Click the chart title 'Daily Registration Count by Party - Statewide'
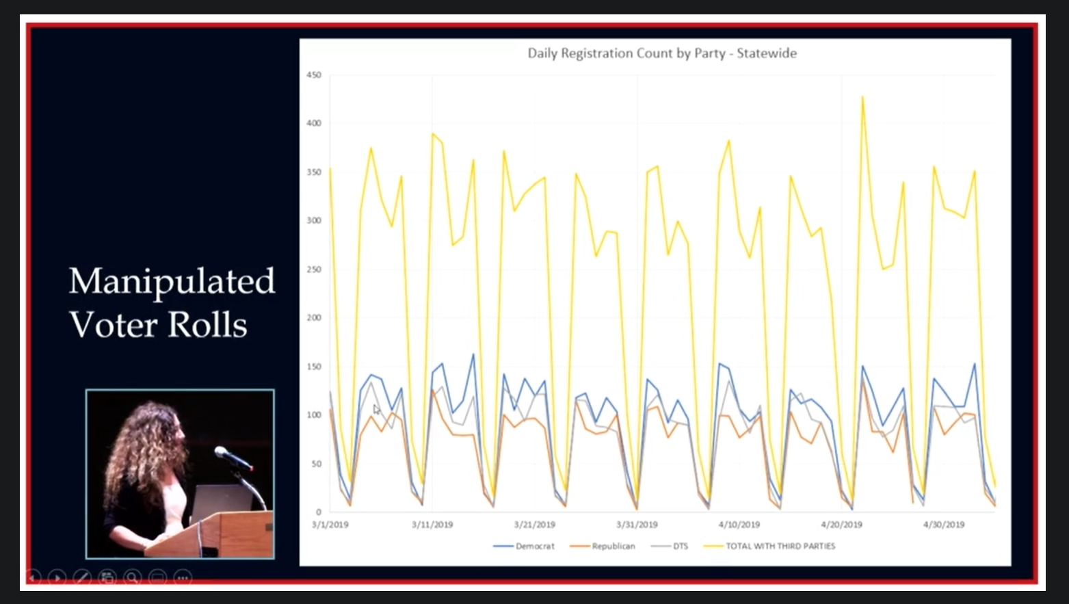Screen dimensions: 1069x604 [662, 53]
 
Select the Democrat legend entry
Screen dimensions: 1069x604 [523, 546]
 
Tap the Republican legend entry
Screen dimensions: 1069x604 [603, 546]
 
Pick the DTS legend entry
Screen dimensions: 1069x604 [670, 546]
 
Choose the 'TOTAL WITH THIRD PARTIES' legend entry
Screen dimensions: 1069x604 [769, 546]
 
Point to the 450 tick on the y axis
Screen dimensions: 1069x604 [314, 75]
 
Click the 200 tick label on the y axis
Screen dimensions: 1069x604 [314, 317]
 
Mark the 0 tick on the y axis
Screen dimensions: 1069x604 [319, 512]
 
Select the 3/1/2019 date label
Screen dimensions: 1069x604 [330, 524]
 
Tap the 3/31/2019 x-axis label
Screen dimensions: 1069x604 [637, 524]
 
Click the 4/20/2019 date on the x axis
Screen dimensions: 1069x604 [841, 524]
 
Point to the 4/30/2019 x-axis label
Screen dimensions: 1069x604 [943, 524]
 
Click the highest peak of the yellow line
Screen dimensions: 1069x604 [862, 97]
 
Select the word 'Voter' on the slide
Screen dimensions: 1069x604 [114, 325]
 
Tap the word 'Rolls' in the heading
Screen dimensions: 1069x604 [208, 325]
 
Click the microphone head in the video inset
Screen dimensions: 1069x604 [222, 451]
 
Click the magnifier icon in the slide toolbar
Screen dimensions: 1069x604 [132, 578]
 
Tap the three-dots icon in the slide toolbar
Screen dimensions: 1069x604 [183, 578]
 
